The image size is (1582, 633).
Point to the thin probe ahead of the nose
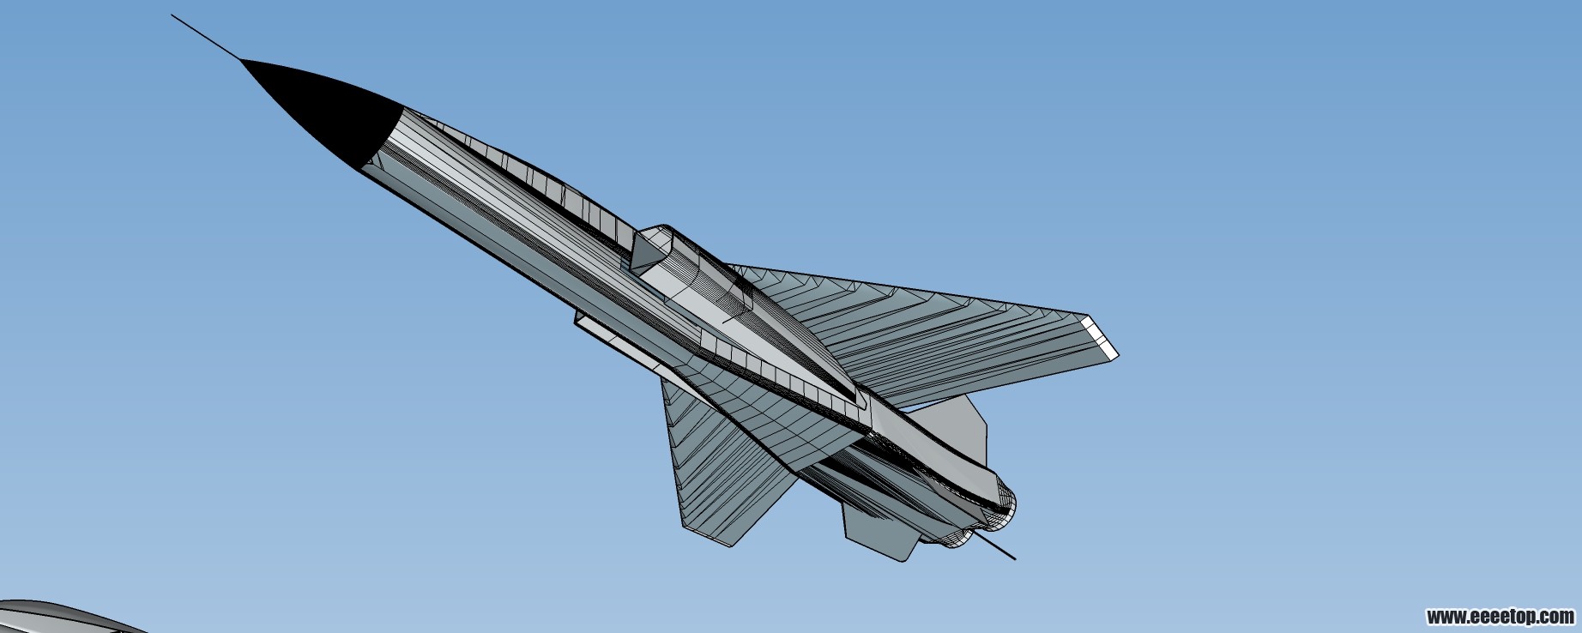[x=207, y=37]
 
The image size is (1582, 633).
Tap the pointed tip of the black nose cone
[x=241, y=60]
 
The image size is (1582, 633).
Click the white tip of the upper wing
[x=1102, y=336]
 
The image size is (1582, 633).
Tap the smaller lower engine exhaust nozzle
[x=960, y=536]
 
